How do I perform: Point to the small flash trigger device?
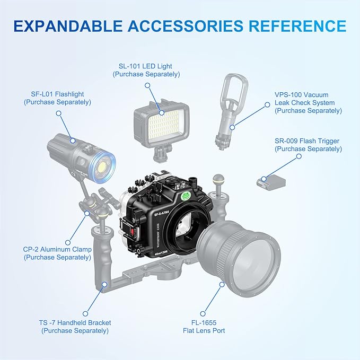[x=270, y=182]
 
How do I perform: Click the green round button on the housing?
[x=186, y=194]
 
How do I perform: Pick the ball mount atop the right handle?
[x=218, y=180]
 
